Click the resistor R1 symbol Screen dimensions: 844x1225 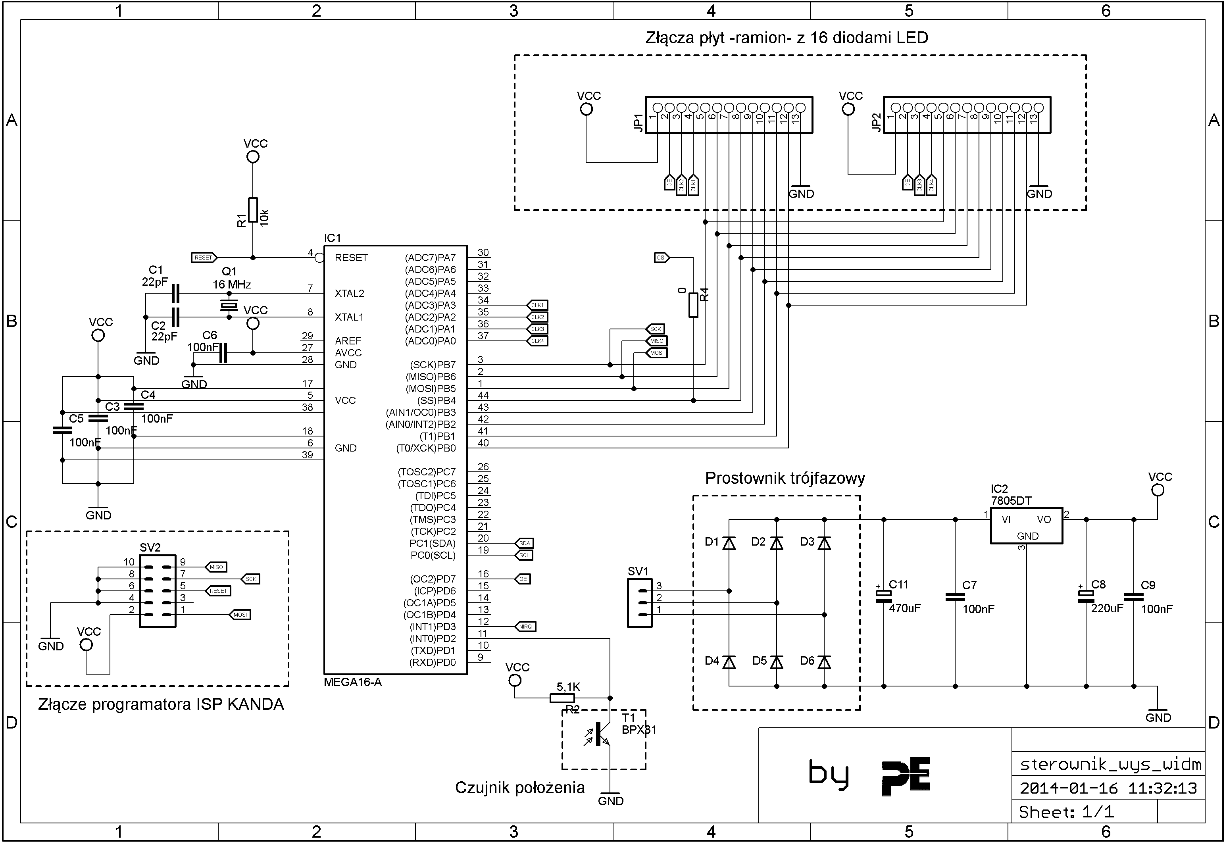pos(253,210)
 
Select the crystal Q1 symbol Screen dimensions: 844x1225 pos(229,305)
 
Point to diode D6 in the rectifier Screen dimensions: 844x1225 pos(824,661)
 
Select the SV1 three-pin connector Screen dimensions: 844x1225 pos(639,603)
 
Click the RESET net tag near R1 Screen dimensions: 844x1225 pos(204,258)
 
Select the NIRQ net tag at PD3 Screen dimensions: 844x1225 pos(525,627)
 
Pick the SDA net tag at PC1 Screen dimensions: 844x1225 pos(524,543)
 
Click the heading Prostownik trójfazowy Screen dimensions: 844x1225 pos(785,479)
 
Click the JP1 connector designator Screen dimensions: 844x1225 pos(638,123)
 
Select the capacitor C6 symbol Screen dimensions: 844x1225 pos(223,353)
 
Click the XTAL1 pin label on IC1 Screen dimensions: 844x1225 pos(349,317)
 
